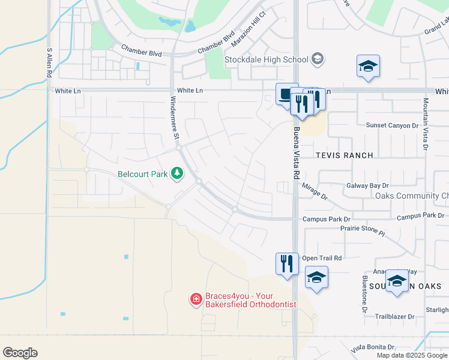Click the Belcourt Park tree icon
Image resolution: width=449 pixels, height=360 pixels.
click(x=177, y=174)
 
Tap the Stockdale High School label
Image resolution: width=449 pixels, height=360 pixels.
click(x=266, y=59)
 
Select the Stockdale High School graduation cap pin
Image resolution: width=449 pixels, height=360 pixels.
click(x=318, y=59)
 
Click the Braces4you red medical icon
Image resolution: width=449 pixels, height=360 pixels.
click(x=196, y=299)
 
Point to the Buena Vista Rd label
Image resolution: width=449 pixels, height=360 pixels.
click(x=296, y=153)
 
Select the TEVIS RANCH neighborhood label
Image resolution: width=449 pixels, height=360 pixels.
click(x=345, y=155)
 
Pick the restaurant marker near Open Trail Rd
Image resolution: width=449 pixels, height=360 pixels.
click(x=287, y=263)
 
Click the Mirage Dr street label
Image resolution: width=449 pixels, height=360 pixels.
click(x=315, y=192)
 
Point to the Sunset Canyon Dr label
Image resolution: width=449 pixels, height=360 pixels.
click(x=391, y=125)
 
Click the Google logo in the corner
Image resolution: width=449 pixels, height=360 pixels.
click(x=20, y=353)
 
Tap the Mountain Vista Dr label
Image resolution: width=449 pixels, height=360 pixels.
click(x=425, y=124)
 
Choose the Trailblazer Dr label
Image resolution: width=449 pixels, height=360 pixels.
click(x=394, y=316)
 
